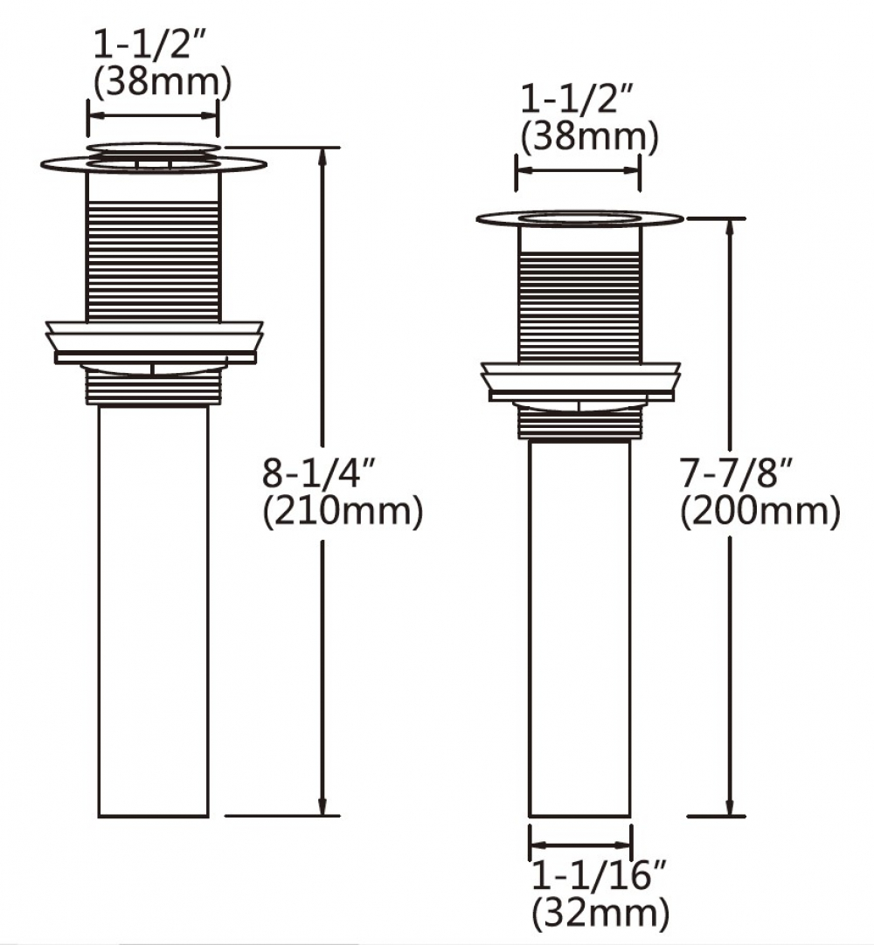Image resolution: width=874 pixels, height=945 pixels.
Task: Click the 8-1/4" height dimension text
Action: (320, 473)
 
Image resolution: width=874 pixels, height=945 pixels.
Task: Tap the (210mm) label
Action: (343, 513)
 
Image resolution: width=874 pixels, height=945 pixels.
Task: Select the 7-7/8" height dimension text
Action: (737, 473)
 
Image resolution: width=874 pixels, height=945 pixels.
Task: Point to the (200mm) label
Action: (760, 513)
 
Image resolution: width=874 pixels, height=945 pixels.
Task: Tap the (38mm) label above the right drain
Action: (589, 137)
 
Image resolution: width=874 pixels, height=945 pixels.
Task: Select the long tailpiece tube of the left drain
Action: (153, 611)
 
